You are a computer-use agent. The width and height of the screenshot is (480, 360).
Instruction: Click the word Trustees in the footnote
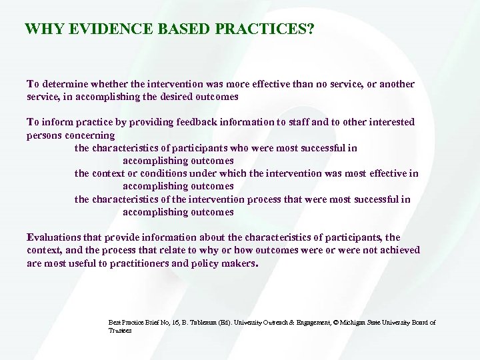pos(120,330)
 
